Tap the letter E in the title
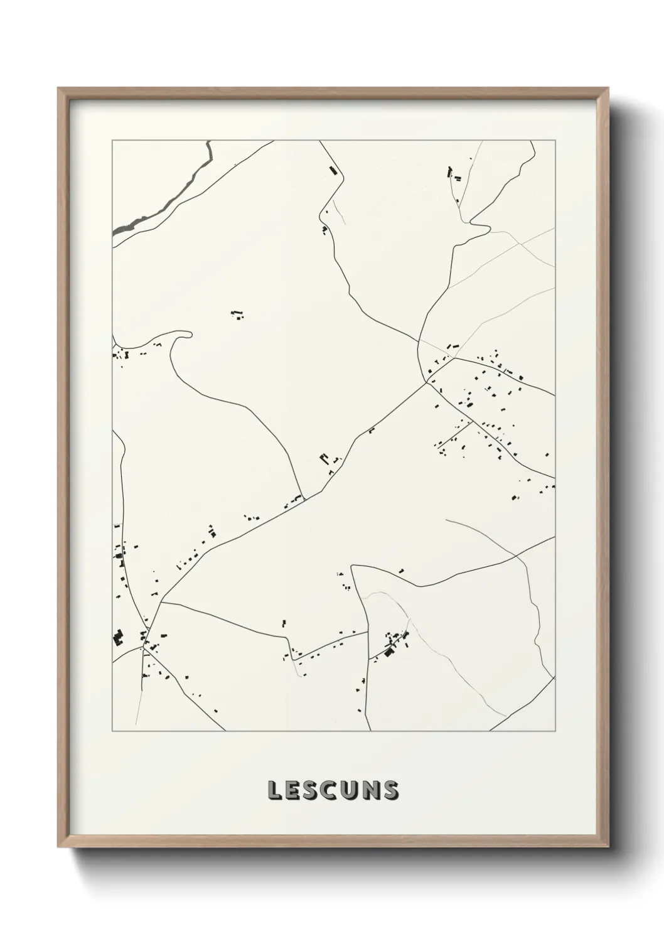(294, 790)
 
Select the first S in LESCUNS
(313, 790)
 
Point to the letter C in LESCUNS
(333, 790)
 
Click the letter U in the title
(352, 790)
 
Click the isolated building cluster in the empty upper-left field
(237, 314)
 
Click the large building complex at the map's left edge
(117, 638)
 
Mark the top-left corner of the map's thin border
(112, 141)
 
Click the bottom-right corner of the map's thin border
(555, 731)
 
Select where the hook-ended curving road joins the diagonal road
(303, 497)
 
